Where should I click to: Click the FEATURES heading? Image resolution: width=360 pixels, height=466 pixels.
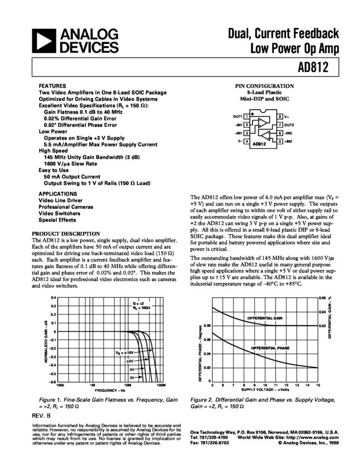point(53,86)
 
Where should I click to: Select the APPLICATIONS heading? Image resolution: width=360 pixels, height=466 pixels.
point(58,194)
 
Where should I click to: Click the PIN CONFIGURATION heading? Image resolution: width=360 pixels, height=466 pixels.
point(264,87)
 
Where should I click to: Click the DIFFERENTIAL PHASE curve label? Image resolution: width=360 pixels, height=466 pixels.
point(271,348)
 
